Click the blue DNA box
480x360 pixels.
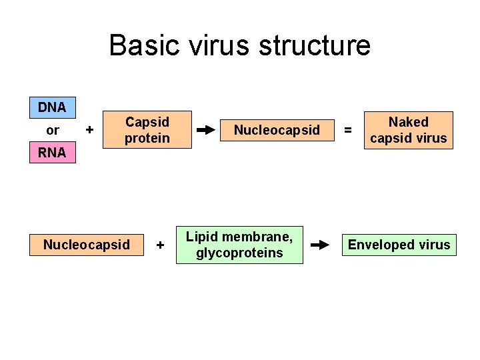[x=52, y=107]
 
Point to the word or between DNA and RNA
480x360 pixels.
[x=52, y=130]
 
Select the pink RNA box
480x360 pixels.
[x=52, y=153]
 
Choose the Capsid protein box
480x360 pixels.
[x=147, y=130]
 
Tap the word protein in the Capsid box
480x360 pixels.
[x=147, y=138]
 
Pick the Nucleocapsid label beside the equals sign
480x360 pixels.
[x=277, y=130]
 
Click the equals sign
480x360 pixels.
[x=347, y=131]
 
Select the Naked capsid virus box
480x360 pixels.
[x=408, y=130]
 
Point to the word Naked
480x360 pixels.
[x=408, y=122]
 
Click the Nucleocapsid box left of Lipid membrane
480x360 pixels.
[x=87, y=245]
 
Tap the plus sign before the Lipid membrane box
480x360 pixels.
[x=160, y=245]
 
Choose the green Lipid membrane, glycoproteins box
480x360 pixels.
[x=239, y=245]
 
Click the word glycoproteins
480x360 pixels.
[x=239, y=253]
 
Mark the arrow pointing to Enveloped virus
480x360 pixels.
[x=321, y=245]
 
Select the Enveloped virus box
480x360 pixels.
[x=399, y=245]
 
